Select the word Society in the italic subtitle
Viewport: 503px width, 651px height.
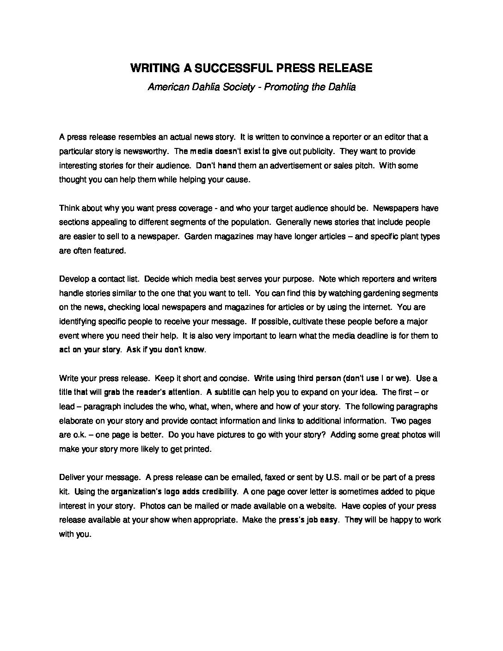click(236, 87)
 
